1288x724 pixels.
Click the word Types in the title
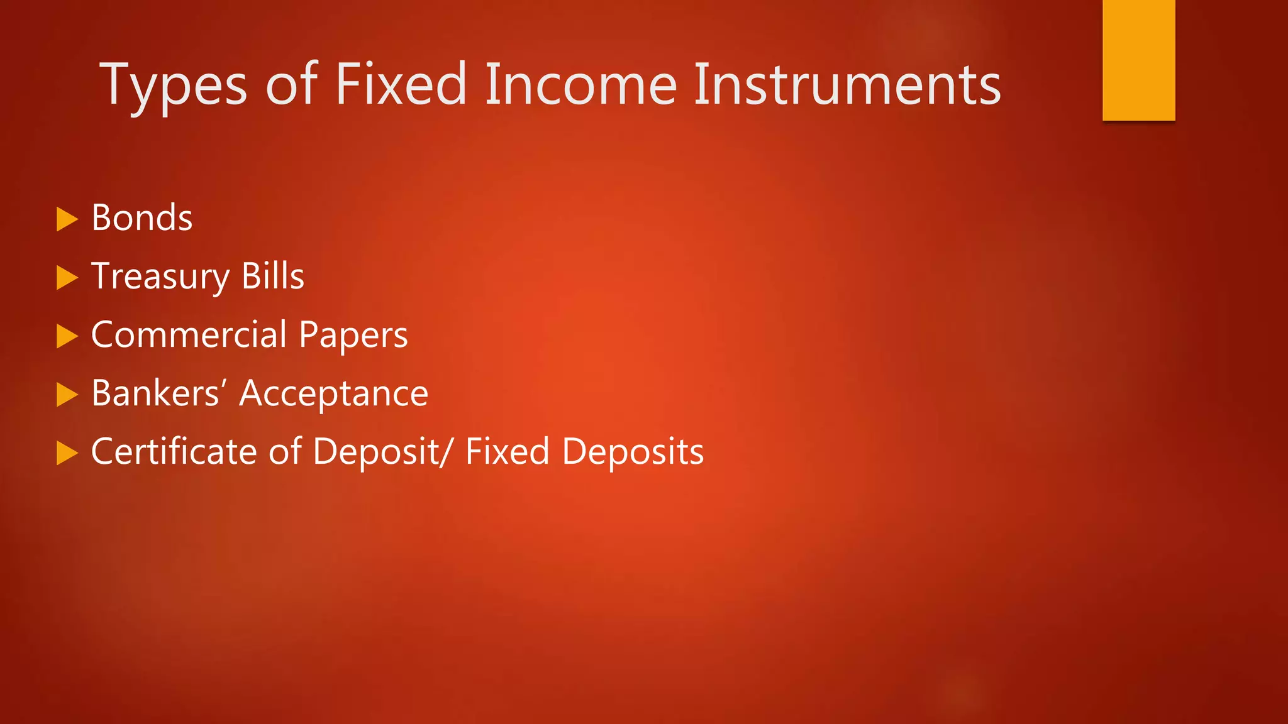(174, 85)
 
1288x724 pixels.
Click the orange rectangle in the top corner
(1138, 60)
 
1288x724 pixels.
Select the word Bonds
(142, 218)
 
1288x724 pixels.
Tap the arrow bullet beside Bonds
(67, 219)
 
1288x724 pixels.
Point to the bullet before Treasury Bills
(67, 278)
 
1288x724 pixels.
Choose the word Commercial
(189, 334)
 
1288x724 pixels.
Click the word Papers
(353, 335)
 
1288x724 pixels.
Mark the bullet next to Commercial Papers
(67, 336)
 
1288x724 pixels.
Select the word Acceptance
(334, 394)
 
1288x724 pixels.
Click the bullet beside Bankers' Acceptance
(67, 395)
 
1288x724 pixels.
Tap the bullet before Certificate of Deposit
(67, 453)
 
